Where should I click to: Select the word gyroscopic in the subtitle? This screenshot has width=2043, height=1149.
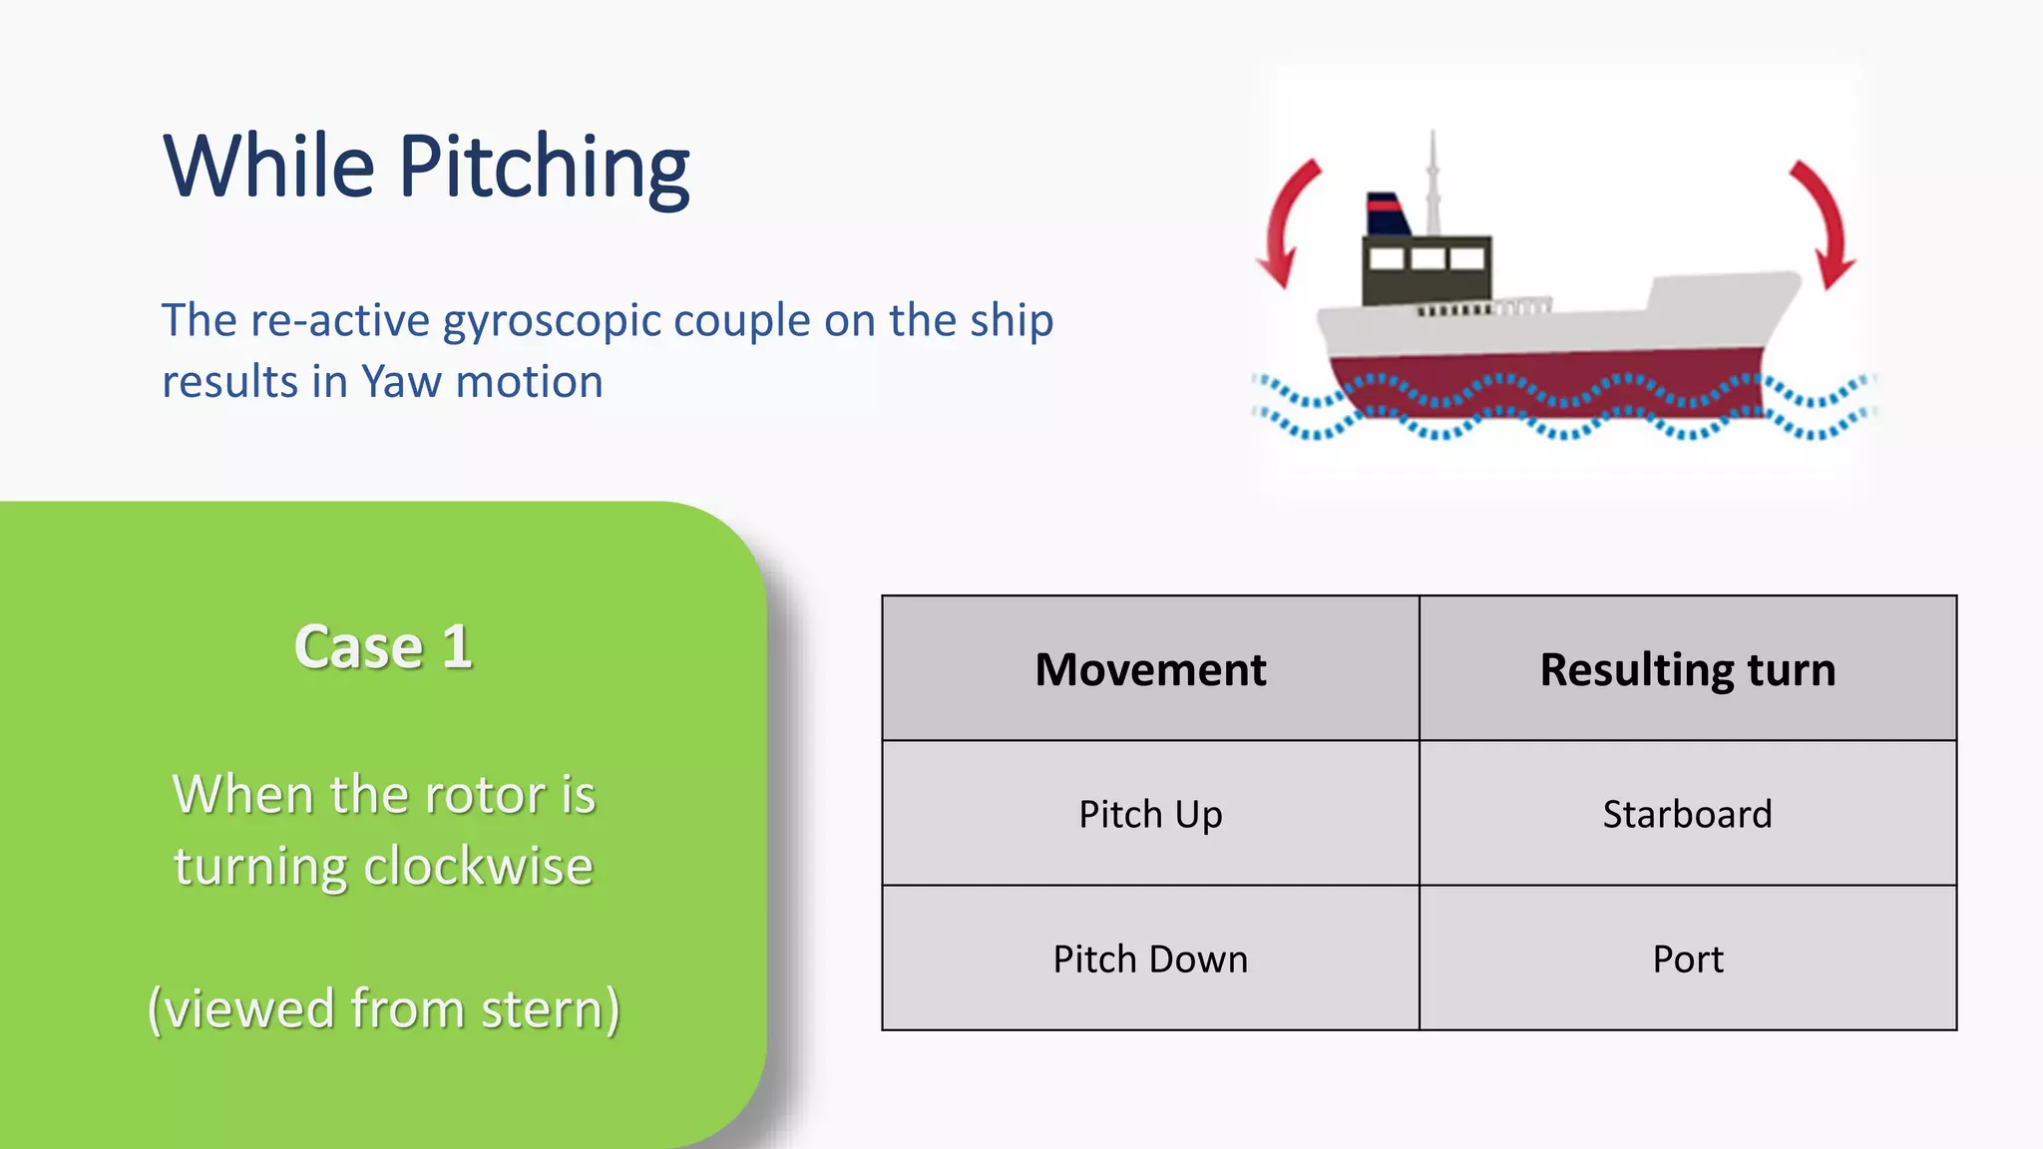tap(552, 321)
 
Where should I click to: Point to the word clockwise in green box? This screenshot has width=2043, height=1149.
tap(478, 865)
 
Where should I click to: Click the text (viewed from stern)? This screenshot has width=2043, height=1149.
tap(383, 1007)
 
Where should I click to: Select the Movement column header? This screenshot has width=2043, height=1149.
tap(1150, 669)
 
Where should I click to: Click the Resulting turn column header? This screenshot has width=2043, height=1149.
tap(1687, 669)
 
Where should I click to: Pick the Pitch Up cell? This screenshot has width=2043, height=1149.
tap(1150, 814)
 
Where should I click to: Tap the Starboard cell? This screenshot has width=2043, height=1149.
tap(1687, 814)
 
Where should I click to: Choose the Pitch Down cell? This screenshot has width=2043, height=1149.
tap(1150, 958)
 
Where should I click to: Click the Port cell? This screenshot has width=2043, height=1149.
tap(1687, 958)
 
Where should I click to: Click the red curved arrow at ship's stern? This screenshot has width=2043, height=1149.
tap(1286, 222)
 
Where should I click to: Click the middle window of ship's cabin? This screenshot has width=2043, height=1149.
tap(1428, 259)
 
